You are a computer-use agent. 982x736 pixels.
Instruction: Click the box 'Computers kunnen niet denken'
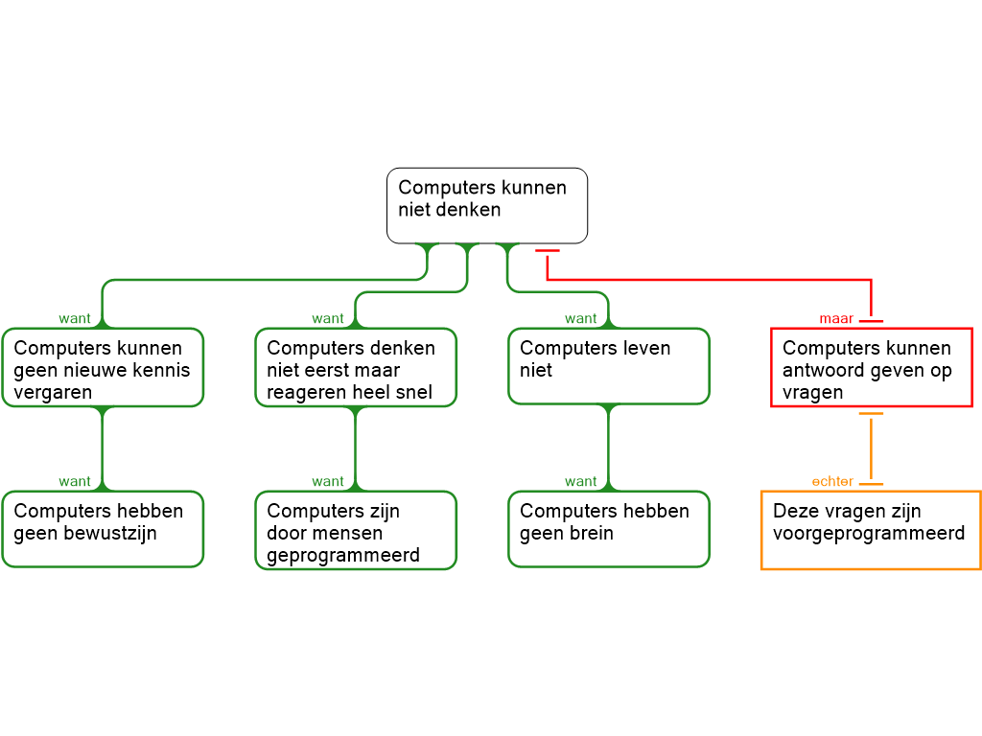[x=486, y=205]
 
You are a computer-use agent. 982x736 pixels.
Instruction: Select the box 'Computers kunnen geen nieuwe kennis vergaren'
[x=103, y=368]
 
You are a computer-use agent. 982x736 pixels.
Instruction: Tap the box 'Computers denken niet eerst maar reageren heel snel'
[x=356, y=368]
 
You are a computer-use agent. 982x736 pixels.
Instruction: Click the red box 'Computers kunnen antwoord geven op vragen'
[x=872, y=368]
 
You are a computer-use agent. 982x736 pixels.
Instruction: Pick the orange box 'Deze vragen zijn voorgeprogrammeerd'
[x=871, y=530]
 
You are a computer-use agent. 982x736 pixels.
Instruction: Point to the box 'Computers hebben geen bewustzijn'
[x=103, y=529]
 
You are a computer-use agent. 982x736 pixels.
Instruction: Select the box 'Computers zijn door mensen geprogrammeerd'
[x=356, y=530]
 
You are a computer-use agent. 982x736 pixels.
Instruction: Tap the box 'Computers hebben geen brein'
[x=609, y=529]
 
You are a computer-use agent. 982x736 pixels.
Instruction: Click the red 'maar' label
[x=836, y=319]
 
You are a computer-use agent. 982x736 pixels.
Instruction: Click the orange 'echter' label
[x=832, y=482]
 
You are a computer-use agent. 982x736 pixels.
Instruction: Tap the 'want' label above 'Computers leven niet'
[x=581, y=319]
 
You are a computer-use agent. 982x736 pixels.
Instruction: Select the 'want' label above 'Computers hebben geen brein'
[x=581, y=482]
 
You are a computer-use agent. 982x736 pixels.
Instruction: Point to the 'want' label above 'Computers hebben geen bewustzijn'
[x=75, y=482]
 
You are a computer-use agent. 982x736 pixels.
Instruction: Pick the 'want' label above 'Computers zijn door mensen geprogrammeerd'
[x=328, y=482]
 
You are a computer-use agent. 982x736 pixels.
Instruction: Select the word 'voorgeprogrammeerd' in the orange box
[x=869, y=534]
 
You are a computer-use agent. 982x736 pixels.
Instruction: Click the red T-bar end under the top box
[x=547, y=251]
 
